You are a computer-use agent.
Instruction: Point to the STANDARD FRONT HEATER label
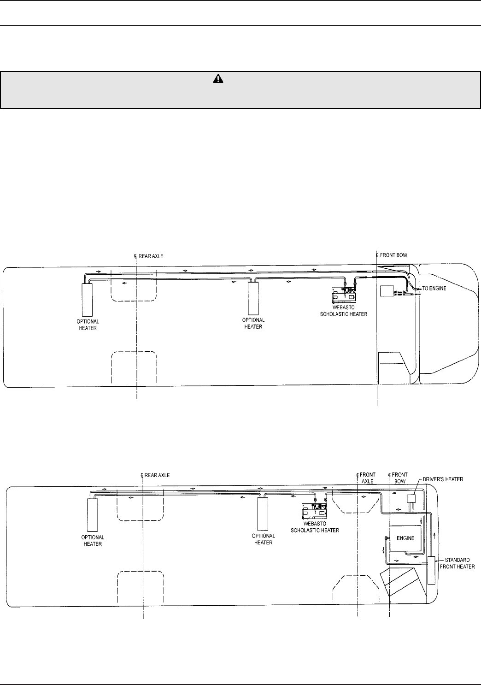pos(457,563)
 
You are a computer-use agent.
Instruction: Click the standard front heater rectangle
pos(431,570)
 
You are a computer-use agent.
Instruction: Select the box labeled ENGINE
pos(405,538)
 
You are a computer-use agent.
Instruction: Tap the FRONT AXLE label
pos(367,478)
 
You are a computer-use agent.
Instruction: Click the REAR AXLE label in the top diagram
pos(151,256)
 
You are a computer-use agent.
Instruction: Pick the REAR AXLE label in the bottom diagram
pos(157,475)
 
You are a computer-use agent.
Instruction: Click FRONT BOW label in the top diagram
pos(393,255)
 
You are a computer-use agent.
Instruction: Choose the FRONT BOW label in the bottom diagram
pos(399,478)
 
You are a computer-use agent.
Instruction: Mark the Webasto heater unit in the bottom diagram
pos(315,510)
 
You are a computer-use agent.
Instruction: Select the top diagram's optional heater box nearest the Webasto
pos(253,297)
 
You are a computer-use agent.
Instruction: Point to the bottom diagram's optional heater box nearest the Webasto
pos(263,514)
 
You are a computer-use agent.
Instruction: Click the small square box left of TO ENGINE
pos(386,291)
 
